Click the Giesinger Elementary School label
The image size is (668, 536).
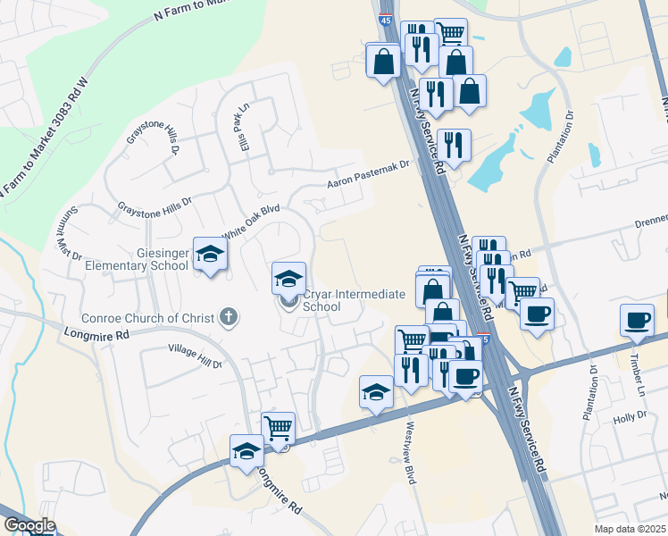pyautogui.click(x=137, y=259)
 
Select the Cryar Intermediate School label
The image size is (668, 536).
pyautogui.click(x=354, y=300)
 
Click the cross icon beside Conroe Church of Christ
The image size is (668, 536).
pyautogui.click(x=229, y=316)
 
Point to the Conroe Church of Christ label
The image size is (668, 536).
pyautogui.click(x=148, y=318)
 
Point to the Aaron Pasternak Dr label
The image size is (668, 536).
pyautogui.click(x=367, y=174)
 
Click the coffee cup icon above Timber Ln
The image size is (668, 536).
pyautogui.click(x=636, y=321)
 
